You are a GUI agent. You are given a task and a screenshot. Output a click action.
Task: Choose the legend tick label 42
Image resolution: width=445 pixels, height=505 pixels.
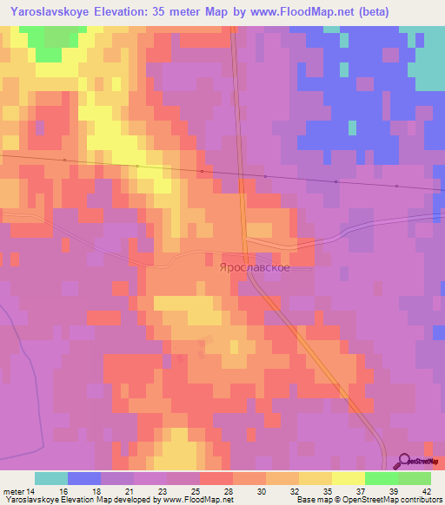[426, 490]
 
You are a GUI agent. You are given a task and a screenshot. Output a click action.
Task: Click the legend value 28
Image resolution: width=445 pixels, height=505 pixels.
[229, 490]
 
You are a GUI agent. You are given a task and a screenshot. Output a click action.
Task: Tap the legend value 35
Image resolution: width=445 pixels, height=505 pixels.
[327, 490]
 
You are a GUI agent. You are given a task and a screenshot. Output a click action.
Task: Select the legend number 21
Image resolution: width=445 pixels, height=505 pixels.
[130, 490]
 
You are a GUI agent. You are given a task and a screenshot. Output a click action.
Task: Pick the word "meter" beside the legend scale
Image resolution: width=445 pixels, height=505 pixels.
[14, 490]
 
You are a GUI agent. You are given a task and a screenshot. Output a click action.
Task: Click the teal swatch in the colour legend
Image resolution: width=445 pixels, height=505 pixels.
[51, 478]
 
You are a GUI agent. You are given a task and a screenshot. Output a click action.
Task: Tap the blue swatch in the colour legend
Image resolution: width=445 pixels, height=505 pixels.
[84, 478]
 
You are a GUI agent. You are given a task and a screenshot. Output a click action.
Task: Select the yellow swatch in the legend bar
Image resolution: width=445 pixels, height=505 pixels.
[349, 478]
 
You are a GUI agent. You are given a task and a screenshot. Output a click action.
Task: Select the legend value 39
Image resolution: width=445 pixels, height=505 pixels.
[393, 490]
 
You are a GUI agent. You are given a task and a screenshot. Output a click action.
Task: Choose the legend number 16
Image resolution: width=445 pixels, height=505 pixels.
[63, 490]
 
